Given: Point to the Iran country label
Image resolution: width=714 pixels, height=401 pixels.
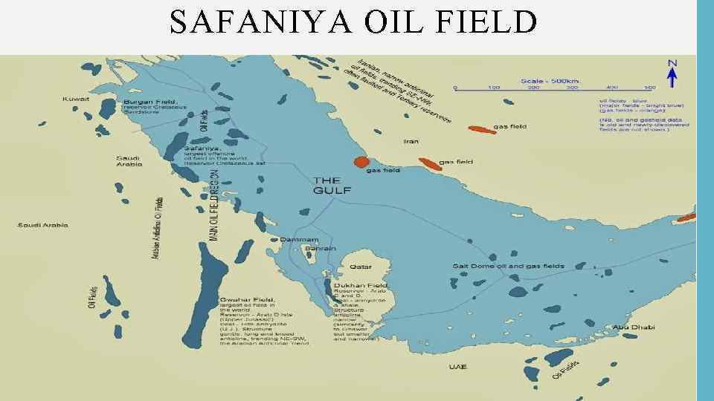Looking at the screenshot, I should [x=411, y=140].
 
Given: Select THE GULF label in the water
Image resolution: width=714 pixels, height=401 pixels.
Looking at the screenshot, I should [x=327, y=185].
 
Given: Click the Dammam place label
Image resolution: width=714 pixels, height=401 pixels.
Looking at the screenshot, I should [x=299, y=240].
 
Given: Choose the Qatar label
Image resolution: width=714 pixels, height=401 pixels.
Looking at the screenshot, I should [x=361, y=265].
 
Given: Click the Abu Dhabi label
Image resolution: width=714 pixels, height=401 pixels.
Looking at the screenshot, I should [x=629, y=327].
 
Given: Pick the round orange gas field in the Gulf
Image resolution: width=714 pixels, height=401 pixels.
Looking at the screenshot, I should [x=361, y=162].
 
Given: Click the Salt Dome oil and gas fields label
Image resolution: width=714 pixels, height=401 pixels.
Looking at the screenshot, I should [x=508, y=266].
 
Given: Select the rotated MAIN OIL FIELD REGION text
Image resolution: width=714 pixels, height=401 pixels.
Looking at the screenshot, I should [x=213, y=205].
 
